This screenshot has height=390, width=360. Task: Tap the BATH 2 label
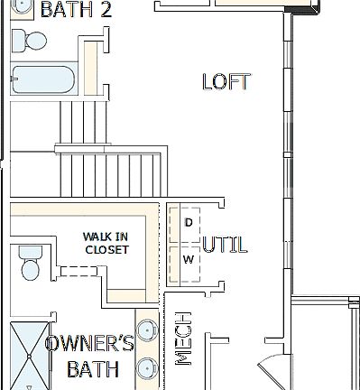click(76, 10)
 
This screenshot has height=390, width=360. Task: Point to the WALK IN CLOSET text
click(106, 242)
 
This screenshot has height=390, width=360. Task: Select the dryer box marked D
click(189, 222)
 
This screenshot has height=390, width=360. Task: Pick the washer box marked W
click(189, 259)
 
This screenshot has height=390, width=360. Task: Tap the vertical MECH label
click(183, 339)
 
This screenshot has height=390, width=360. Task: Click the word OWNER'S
click(89, 344)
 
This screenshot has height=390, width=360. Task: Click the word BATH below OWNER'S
click(93, 369)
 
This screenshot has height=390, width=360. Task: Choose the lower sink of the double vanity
click(145, 367)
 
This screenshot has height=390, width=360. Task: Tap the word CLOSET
click(106, 249)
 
